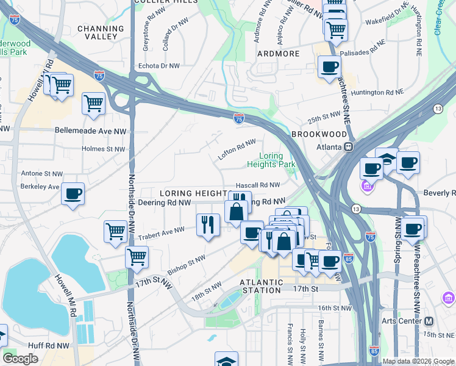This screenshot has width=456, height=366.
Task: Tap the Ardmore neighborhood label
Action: tap(278, 54)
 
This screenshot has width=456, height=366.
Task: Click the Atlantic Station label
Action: tap(261, 286)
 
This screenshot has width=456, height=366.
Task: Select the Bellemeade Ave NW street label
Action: tap(90, 131)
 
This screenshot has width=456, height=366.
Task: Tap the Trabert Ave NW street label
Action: tap(161, 231)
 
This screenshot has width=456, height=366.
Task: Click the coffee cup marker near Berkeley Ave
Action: tap(73, 194)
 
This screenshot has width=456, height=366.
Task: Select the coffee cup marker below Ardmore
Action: tap(329, 67)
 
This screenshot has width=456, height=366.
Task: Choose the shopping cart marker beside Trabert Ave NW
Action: tap(115, 231)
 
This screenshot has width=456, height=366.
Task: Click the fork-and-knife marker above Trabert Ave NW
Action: tap(208, 224)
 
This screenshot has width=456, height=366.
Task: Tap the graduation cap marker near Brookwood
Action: tap(386, 158)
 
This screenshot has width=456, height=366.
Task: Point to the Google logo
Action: tap(20, 359)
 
